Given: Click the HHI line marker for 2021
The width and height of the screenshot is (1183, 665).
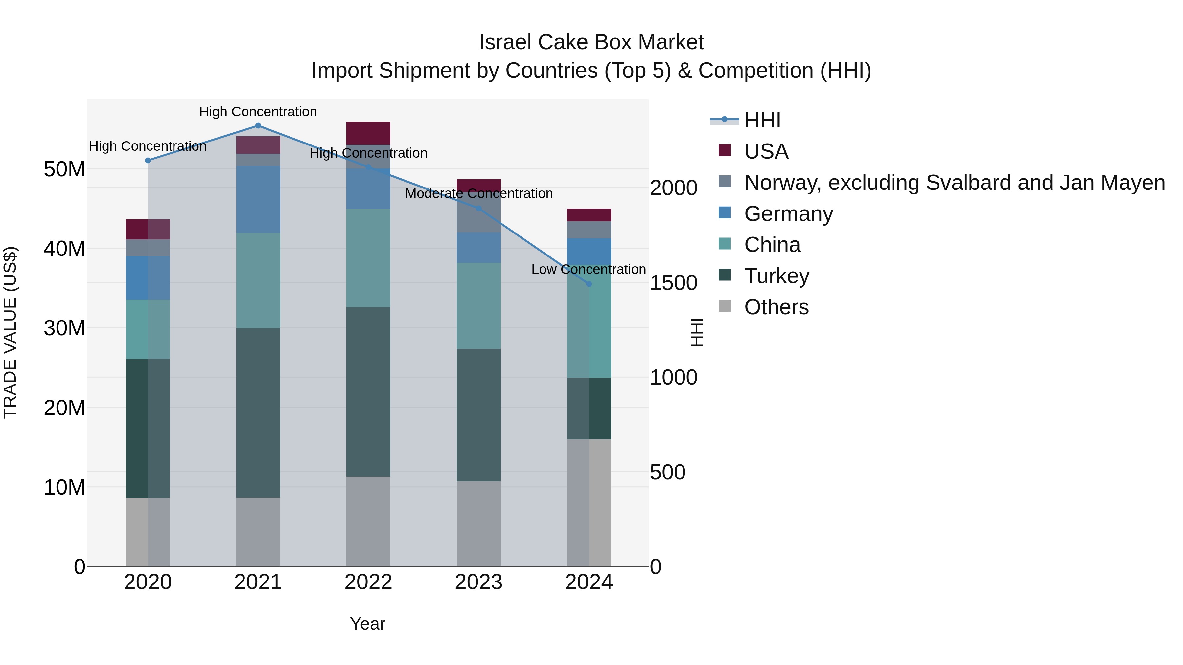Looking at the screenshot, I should pyautogui.click(x=258, y=126).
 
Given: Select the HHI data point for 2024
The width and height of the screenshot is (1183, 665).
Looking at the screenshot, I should pyautogui.click(x=589, y=284).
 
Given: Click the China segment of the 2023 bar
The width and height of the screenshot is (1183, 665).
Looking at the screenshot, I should pyautogui.click(x=478, y=306).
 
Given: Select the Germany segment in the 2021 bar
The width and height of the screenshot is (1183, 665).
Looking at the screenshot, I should pyautogui.click(x=258, y=199).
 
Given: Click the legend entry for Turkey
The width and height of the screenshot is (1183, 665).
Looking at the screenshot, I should pyautogui.click(x=777, y=276).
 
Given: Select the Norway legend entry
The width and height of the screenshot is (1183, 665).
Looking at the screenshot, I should pyautogui.click(x=954, y=183).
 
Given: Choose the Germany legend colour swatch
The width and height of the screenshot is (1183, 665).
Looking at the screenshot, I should pyautogui.click(x=724, y=212).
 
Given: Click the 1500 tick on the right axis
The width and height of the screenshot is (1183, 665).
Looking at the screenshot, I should pyautogui.click(x=673, y=283).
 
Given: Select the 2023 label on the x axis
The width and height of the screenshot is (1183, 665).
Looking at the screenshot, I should pyautogui.click(x=478, y=582).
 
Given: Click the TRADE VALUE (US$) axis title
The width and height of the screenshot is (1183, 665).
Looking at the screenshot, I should pyautogui.click(x=11, y=332).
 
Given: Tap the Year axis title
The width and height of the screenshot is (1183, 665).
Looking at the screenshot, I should pyautogui.click(x=367, y=624).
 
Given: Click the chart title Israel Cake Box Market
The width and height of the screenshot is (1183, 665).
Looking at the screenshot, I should pyautogui.click(x=591, y=42).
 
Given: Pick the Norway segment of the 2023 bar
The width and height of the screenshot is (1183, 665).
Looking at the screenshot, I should pyautogui.click(x=478, y=214).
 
